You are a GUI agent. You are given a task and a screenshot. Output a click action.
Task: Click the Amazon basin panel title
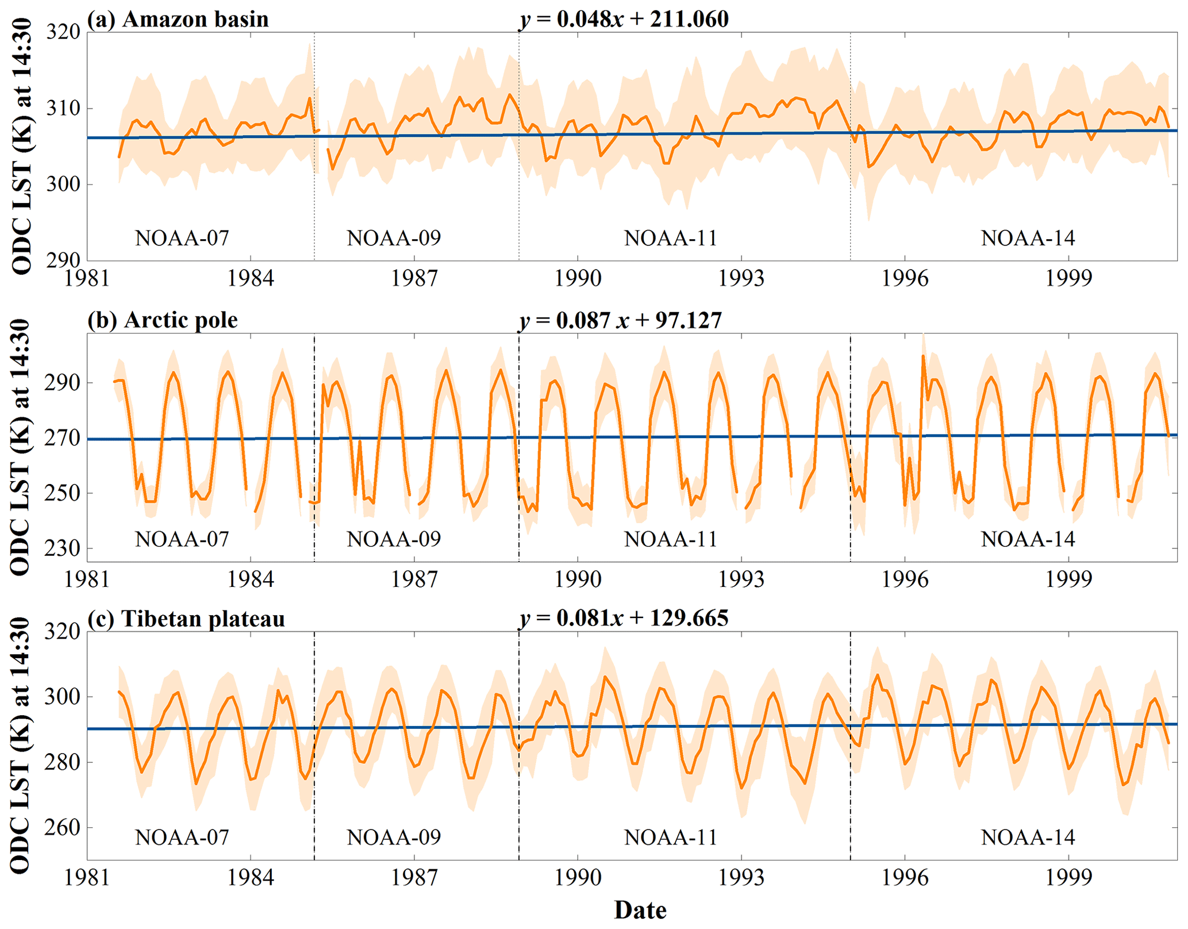pyautogui.click(x=178, y=19)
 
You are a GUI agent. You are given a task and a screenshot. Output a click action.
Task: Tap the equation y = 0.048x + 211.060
pyautogui.click(x=624, y=19)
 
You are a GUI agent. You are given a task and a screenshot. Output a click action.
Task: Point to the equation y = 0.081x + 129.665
pyautogui.click(x=624, y=618)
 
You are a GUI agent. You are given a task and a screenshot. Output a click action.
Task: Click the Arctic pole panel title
pyautogui.click(x=163, y=320)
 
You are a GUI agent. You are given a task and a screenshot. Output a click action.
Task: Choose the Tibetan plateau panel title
pyautogui.click(x=186, y=619)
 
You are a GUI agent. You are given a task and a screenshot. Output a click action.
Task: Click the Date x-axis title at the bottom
pyautogui.click(x=640, y=911)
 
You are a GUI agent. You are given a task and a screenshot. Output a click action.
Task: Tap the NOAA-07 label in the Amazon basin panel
pyautogui.click(x=182, y=238)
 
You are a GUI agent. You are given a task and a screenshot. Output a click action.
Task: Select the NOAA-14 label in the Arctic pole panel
pyautogui.click(x=1028, y=539)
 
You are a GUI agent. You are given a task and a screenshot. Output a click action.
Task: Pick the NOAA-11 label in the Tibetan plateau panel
pyautogui.click(x=671, y=838)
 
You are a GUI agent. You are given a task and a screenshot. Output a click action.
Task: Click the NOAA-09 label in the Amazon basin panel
pyautogui.click(x=394, y=238)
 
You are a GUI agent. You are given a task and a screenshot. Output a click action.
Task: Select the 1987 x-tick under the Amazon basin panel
pyautogui.click(x=414, y=279)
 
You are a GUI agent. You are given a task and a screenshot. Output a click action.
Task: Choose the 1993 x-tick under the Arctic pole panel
pyautogui.click(x=741, y=579)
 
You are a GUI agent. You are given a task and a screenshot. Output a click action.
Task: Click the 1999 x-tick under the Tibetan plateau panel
pyautogui.click(x=1068, y=878)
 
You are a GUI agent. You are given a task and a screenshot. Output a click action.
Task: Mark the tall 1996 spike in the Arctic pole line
pyautogui.click(x=923, y=356)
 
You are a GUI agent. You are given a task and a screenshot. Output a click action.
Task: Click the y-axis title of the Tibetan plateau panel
pyautogui.click(x=20, y=745)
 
